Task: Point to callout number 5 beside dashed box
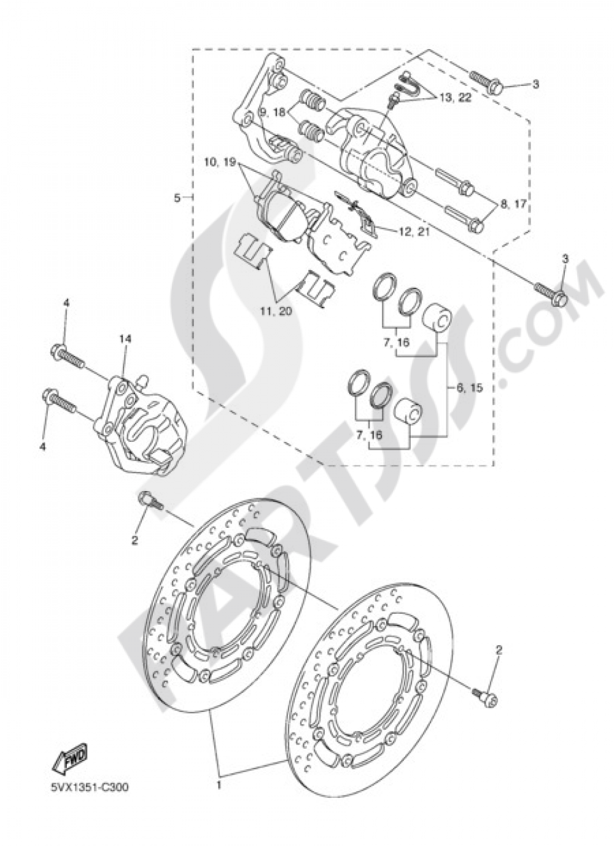tap(177, 198)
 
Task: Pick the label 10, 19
tap(220, 146)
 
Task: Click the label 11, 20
tap(275, 312)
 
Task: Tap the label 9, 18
tap(272, 114)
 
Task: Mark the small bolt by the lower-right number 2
tap(485, 694)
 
